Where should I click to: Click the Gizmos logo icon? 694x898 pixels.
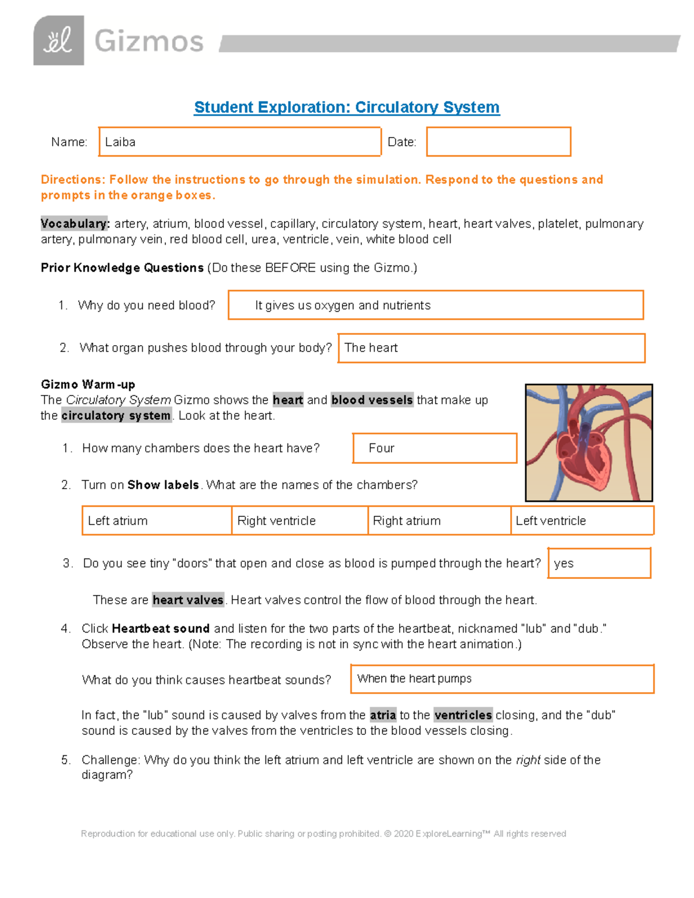[x=58, y=40]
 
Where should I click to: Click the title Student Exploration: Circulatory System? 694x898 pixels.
[x=346, y=108]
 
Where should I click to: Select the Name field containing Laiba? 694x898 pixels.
[x=239, y=142]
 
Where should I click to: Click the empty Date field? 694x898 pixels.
[x=499, y=142]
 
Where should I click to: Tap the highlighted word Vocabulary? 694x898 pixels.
[x=74, y=224]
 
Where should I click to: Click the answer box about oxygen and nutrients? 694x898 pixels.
[x=435, y=305]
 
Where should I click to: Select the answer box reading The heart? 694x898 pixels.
[x=491, y=348]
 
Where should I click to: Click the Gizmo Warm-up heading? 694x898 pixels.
[x=88, y=385]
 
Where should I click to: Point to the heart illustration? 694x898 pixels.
[x=589, y=443]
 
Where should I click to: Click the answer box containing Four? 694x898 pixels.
[x=434, y=449]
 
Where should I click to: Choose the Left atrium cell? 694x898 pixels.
[x=157, y=521]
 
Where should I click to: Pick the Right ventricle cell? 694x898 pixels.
[x=300, y=521]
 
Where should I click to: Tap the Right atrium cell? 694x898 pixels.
[x=439, y=521]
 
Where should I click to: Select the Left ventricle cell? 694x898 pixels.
[x=582, y=521]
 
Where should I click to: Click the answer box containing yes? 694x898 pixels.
[x=599, y=564]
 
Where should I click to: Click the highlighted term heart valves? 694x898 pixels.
[x=188, y=600]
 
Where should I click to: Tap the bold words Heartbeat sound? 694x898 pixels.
[x=161, y=629]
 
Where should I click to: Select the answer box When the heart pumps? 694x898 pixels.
[x=502, y=679]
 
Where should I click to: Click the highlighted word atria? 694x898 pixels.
[x=383, y=715]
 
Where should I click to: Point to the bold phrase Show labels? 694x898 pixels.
[x=163, y=485]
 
